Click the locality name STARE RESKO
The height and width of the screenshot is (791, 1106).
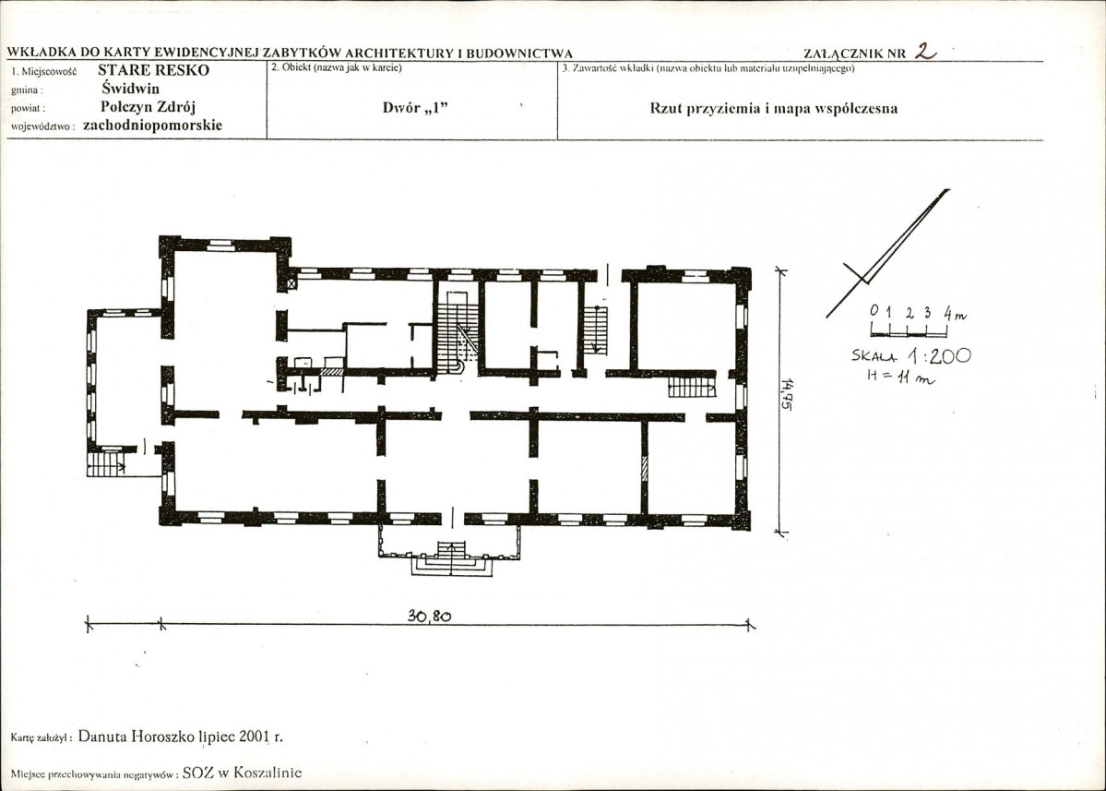click(x=153, y=70)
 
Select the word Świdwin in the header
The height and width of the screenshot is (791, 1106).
click(x=130, y=89)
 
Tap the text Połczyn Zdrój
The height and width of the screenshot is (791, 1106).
click(x=149, y=107)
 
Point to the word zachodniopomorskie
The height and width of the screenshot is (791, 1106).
click(x=152, y=126)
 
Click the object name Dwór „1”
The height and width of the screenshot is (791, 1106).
click(x=415, y=108)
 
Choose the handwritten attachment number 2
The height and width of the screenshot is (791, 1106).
click(x=925, y=51)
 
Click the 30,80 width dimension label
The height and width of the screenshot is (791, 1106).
click(x=429, y=616)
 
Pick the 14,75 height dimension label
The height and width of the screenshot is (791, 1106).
click(x=786, y=394)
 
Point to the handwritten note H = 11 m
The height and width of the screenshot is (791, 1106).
click(x=900, y=378)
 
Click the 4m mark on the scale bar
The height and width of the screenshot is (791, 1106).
click(x=955, y=313)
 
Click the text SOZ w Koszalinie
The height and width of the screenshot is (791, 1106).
click(x=242, y=773)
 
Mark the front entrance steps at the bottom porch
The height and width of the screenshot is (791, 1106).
click(x=451, y=558)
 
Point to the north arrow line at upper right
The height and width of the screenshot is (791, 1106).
click(x=888, y=253)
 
